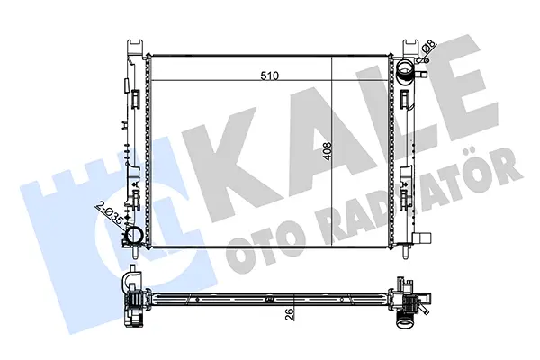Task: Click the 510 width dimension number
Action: [x=269, y=76]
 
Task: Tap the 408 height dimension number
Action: [x=327, y=151]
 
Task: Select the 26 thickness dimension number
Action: [x=290, y=314]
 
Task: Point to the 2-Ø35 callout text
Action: [x=109, y=213]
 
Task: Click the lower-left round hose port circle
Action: [x=134, y=235]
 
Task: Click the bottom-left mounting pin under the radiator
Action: [x=135, y=251]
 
